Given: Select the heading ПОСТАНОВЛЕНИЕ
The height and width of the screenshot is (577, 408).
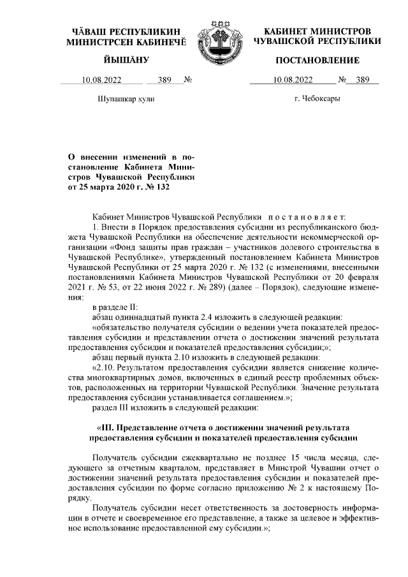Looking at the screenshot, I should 317,61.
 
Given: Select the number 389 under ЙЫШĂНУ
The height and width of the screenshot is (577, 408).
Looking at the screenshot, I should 164,80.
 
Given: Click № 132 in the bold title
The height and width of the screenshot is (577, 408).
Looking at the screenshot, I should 157,187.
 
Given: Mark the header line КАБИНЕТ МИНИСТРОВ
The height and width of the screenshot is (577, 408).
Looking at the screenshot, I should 317,31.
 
